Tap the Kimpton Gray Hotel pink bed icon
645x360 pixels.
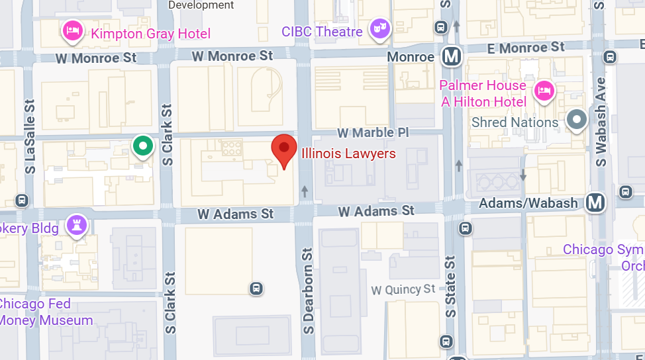click(x=72, y=30)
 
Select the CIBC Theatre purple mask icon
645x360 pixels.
click(x=379, y=28)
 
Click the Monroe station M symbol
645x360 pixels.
click(x=452, y=56)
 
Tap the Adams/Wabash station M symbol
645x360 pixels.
click(x=595, y=202)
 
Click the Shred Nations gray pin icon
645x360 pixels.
click(x=578, y=120)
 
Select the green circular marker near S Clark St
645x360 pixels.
click(x=142, y=146)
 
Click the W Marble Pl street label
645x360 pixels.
click(x=373, y=132)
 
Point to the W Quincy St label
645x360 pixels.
click(x=403, y=289)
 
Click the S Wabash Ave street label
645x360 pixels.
click(x=601, y=122)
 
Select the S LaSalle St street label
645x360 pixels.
click(x=30, y=137)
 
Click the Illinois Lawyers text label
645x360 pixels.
click(x=348, y=154)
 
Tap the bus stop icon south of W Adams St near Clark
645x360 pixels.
click(x=256, y=289)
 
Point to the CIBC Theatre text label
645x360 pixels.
click(x=322, y=31)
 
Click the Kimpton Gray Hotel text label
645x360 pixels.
click(x=151, y=34)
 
